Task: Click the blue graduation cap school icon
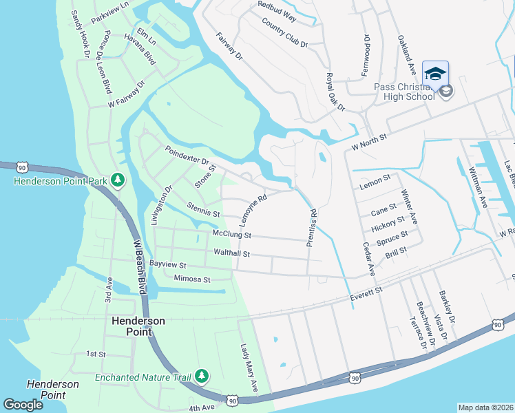pyautogui.click(x=435, y=72)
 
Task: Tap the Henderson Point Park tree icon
pyautogui.click(x=118, y=180)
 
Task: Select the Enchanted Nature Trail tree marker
pyautogui.click(x=202, y=376)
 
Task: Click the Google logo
pyautogui.click(x=23, y=405)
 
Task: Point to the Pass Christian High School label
pyautogui.click(x=404, y=92)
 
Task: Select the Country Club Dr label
pyautogui.click(x=284, y=32)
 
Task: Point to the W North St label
pyautogui.click(x=370, y=142)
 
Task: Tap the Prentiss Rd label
pyautogui.click(x=312, y=226)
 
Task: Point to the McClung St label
pyautogui.click(x=233, y=235)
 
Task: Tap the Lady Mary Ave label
pyautogui.click(x=248, y=369)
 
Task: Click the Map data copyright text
pyautogui.click(x=485, y=407)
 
